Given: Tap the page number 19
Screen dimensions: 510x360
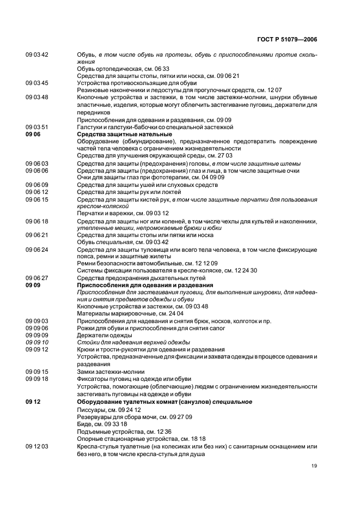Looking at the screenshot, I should tap(314, 466).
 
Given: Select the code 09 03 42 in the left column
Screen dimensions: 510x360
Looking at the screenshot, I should tap(37, 55).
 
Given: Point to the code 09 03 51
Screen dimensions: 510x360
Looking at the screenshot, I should tap(37, 127).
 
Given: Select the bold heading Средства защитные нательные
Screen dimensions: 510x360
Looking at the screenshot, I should tap(124, 134).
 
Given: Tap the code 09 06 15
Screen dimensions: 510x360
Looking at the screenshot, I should tap(37, 199).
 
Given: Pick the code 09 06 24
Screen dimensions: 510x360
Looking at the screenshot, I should tap(37, 250).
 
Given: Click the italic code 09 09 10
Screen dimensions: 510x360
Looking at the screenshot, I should tap(37, 342).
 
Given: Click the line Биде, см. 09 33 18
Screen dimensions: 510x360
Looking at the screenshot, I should tap(102, 423).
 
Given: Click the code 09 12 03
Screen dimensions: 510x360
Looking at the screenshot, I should tap(37, 446).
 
